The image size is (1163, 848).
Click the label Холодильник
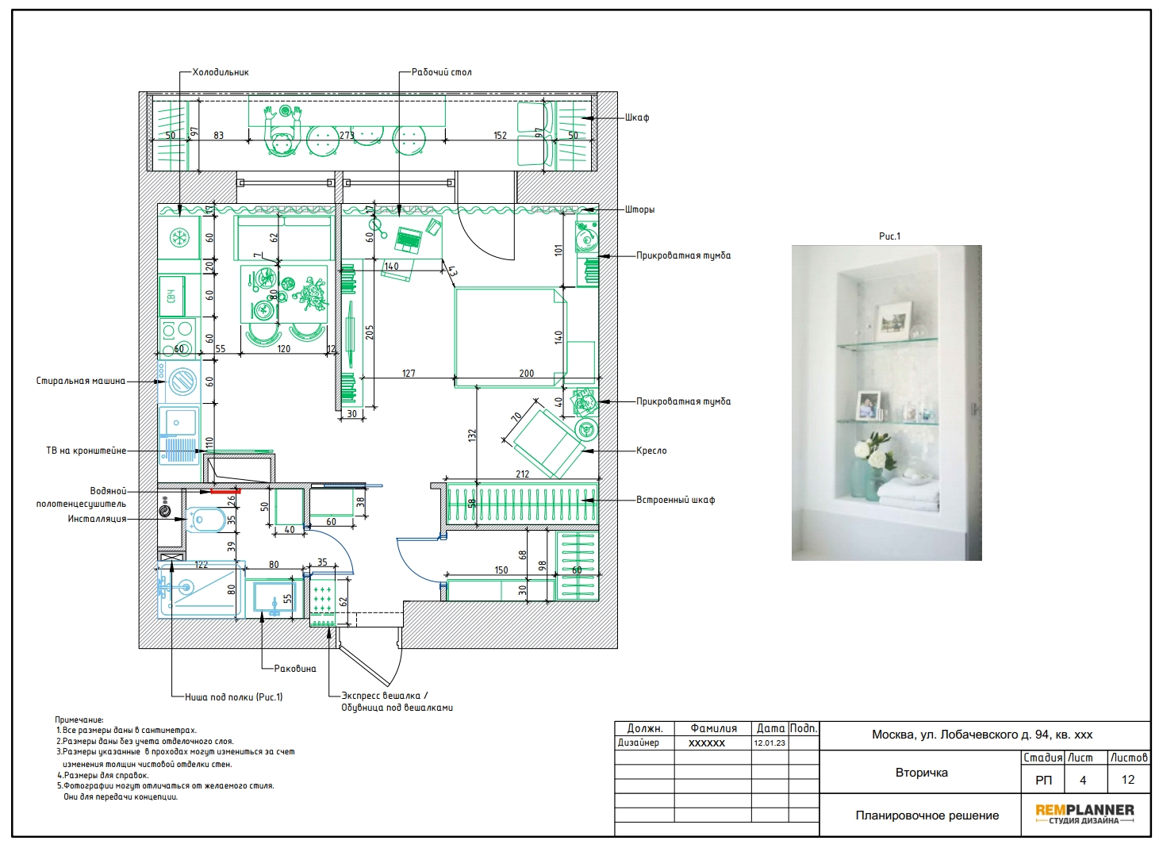pyautogui.click(x=220, y=72)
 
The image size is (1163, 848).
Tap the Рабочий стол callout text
pyautogui.click(x=441, y=72)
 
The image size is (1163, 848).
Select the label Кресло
pyautogui.click(x=651, y=451)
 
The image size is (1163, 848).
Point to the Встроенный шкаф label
pyautogui.click(x=675, y=500)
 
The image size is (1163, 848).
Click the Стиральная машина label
pyautogui.click(x=81, y=381)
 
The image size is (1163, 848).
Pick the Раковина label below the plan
pyautogui.click(x=295, y=669)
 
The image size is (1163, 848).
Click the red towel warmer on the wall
pyautogui.click(x=226, y=491)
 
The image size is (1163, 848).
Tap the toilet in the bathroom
pyautogui.click(x=206, y=520)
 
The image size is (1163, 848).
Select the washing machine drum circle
pyautogui.click(x=182, y=382)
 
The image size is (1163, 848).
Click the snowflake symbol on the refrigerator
pyautogui.click(x=179, y=238)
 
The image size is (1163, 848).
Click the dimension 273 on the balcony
pyautogui.click(x=347, y=136)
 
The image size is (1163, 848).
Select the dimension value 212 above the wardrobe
pyautogui.click(x=522, y=474)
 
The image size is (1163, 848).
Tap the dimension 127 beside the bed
pyautogui.click(x=409, y=374)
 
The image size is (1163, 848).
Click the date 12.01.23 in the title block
pyautogui.click(x=770, y=743)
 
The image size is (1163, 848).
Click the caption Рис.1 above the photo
pyautogui.click(x=889, y=236)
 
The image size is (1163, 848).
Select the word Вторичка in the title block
pyautogui.click(x=922, y=773)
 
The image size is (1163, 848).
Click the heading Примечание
pyautogui.click(x=79, y=719)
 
